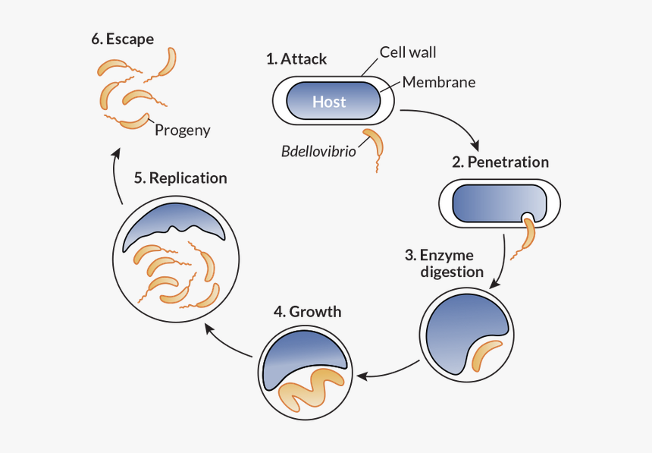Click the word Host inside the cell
point(329,102)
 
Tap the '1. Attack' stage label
point(296,58)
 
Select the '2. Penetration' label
point(500,162)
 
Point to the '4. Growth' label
point(307,312)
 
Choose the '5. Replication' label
point(180,178)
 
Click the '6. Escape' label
point(121,39)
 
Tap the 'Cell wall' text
point(408,52)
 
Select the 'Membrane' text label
point(439,82)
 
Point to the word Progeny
point(182,130)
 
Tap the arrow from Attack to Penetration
point(447,121)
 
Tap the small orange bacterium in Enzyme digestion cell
point(485,354)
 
